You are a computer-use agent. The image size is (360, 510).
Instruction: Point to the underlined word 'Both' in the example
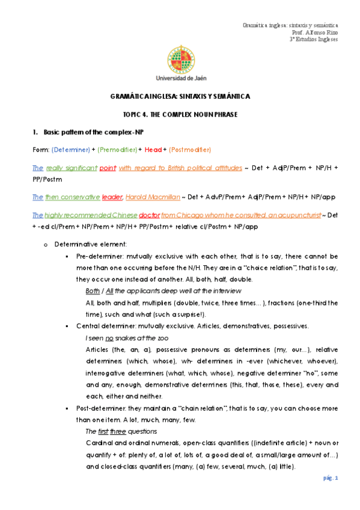94,290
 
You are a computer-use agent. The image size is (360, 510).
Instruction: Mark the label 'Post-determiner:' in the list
102,407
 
